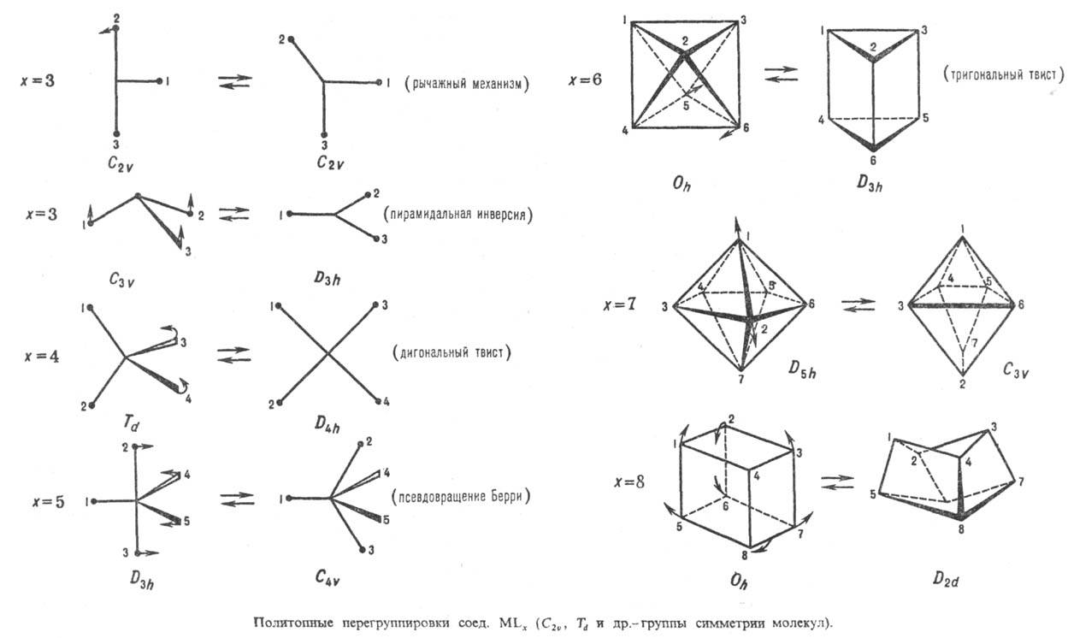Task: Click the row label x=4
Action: [40, 354]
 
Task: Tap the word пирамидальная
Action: [429, 216]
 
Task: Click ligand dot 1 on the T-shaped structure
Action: [160, 81]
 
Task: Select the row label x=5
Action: [40, 500]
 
